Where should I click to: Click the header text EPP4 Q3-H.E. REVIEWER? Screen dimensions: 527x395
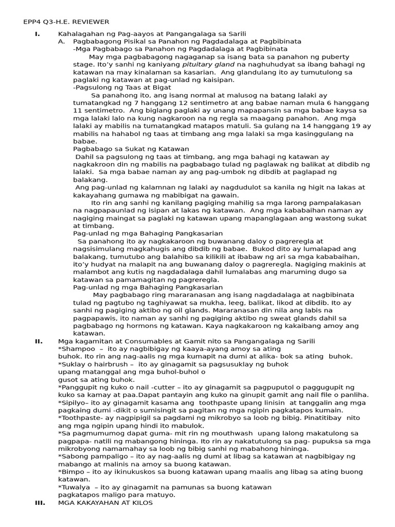66,22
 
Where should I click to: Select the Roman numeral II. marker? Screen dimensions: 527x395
39,341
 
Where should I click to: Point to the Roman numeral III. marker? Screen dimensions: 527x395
40,503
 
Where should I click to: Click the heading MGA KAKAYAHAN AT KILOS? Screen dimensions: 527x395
105,503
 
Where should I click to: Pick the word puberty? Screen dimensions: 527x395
345,57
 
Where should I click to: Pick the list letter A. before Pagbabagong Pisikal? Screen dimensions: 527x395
62,41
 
